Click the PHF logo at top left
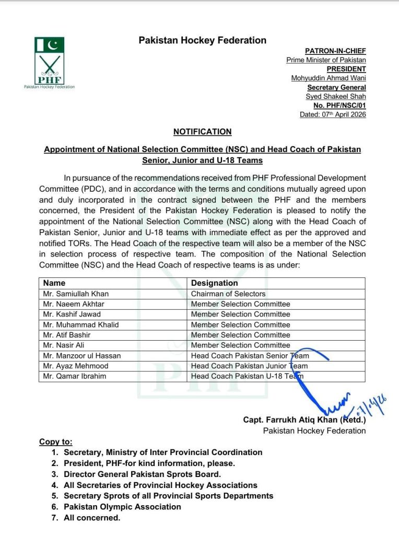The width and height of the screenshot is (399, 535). (x=50, y=61)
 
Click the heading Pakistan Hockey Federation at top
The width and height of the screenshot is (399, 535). (x=202, y=40)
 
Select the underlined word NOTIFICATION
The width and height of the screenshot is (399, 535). (x=202, y=132)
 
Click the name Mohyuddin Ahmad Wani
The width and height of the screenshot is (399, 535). (x=328, y=78)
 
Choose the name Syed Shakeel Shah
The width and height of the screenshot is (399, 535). (x=336, y=97)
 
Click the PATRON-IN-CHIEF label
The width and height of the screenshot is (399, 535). (x=335, y=51)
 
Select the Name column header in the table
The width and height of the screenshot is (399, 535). (x=54, y=283)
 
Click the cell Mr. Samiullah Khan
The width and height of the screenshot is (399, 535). (x=76, y=294)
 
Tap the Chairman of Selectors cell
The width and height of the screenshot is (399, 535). (x=228, y=294)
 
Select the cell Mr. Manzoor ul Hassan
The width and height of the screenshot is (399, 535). (x=82, y=356)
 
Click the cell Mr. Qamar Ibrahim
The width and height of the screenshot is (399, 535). (x=75, y=376)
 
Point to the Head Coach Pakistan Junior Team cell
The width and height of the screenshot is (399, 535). (x=249, y=366)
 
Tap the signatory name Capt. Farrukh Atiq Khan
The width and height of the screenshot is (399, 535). (x=304, y=420)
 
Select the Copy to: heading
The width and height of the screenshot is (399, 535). (x=56, y=442)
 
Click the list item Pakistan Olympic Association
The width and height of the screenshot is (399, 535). (x=122, y=507)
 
